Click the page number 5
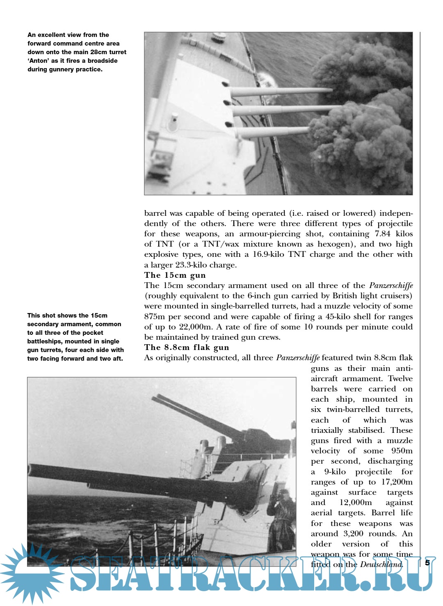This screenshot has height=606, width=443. coord(427,563)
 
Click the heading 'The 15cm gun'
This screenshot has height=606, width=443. coord(175,275)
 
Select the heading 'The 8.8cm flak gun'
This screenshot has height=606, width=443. coord(187,348)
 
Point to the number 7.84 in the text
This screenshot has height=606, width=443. coord(383,234)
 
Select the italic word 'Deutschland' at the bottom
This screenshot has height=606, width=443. coord(381,565)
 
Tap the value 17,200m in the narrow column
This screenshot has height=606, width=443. coord(396,482)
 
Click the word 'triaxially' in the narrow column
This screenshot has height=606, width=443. coord(327,430)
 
